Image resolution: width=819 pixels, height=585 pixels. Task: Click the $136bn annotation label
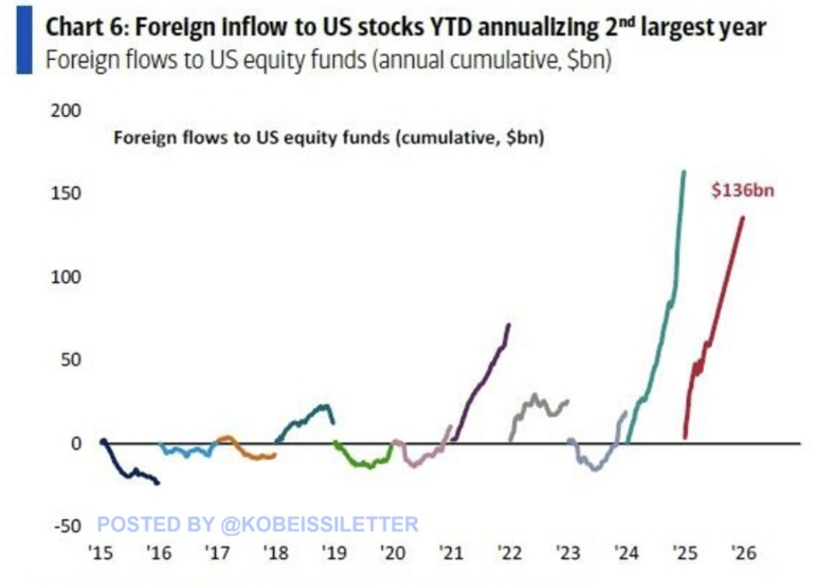[x=742, y=189]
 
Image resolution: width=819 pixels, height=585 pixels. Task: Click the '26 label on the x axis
[x=742, y=553]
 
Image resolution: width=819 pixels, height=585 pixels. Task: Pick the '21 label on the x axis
[x=449, y=553]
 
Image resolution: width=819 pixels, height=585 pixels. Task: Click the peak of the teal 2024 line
[x=683, y=172]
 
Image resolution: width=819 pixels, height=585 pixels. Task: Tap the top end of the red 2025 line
[x=742, y=217]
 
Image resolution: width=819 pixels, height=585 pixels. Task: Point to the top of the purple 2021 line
[x=508, y=325]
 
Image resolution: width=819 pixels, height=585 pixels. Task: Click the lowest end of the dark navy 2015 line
[x=158, y=483]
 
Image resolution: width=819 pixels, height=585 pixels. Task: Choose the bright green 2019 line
[x=361, y=463]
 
